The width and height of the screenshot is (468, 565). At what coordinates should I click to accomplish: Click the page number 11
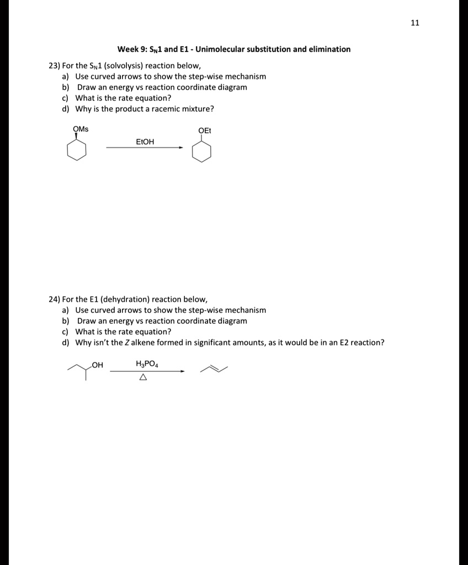click(416, 23)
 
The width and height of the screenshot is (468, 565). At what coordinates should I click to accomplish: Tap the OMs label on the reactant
click(81, 129)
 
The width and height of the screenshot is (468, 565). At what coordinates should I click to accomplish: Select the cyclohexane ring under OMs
click(77, 150)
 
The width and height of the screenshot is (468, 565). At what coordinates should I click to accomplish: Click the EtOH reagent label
click(145, 142)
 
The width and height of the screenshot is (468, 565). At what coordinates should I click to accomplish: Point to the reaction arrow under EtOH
click(145, 148)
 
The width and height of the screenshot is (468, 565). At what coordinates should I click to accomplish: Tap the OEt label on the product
click(205, 131)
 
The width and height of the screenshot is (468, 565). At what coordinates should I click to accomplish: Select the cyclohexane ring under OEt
click(201, 152)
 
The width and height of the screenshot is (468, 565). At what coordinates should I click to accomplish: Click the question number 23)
click(55, 65)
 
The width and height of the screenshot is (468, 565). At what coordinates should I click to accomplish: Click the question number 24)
click(55, 299)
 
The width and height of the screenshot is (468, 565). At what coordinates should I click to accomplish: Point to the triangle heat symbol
click(143, 378)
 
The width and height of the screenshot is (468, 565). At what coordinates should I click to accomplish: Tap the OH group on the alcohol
click(98, 365)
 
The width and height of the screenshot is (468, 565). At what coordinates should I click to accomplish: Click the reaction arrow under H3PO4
click(147, 371)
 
